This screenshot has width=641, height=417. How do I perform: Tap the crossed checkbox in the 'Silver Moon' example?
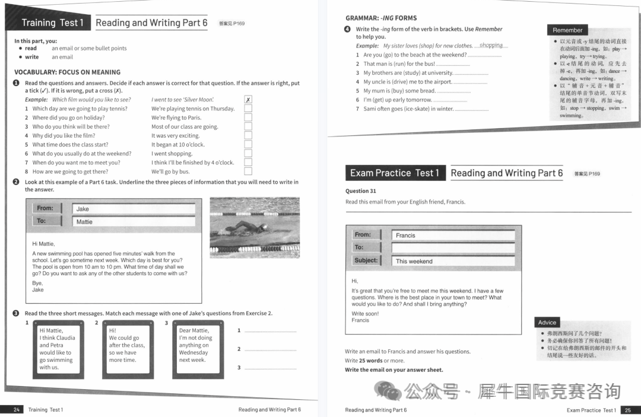pos(248,100)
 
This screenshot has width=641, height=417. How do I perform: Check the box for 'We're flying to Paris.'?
pos(248,117)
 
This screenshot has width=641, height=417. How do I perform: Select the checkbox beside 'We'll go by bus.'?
pos(248,171)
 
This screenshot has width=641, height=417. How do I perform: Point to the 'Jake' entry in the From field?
pos(134,209)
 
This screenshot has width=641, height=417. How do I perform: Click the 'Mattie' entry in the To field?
pos(134,222)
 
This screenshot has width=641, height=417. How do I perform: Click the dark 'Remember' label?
pos(567,30)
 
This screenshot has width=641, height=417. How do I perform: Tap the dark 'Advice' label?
pos(547,323)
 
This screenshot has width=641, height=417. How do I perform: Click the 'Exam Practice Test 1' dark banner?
pos(394,173)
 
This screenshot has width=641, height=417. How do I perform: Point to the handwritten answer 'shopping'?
pos(491,46)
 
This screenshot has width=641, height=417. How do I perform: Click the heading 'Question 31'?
pos(361,191)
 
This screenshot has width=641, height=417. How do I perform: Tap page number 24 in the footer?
pos(17,409)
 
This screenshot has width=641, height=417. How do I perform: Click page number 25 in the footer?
pos(628,410)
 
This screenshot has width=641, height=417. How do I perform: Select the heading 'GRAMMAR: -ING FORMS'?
pos(381,18)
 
